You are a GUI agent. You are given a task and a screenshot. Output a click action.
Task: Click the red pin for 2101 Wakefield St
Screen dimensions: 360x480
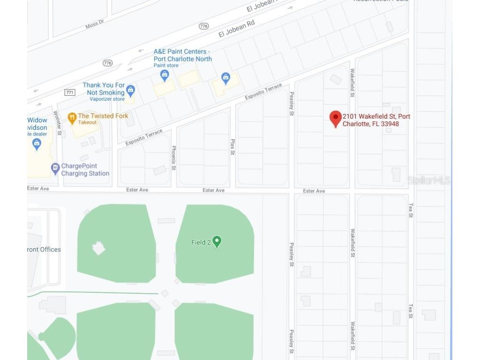click(x=335, y=118)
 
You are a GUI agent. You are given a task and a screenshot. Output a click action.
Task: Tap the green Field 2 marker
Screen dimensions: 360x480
click(x=217, y=241)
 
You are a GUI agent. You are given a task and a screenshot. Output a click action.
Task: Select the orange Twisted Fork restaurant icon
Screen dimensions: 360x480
click(x=72, y=118)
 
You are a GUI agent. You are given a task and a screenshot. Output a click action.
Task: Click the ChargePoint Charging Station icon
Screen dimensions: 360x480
click(x=55, y=167)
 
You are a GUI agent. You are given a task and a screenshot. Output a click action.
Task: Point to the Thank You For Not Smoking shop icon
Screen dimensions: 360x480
click(x=131, y=90)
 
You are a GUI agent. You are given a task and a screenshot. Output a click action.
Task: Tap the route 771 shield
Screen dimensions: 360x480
click(x=70, y=92)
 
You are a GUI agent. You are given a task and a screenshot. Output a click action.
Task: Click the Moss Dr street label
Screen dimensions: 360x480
click(x=95, y=24)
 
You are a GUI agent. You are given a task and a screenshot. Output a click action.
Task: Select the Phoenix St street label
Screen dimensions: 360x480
click(x=173, y=158)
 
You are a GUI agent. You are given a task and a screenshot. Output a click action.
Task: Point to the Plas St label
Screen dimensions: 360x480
click(x=232, y=146)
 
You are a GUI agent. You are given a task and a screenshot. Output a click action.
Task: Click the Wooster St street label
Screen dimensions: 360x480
click(x=58, y=123)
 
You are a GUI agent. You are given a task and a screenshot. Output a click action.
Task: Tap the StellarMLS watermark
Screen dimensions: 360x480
click(x=428, y=180)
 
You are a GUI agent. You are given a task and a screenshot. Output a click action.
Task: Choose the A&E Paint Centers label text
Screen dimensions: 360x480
click(x=182, y=55)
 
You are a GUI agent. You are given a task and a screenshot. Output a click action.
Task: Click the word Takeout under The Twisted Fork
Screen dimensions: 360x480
click(x=88, y=122)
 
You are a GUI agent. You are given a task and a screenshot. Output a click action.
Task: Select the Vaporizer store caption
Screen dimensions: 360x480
click(x=107, y=99)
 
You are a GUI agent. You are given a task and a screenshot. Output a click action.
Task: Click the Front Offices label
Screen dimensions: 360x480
click(x=44, y=249)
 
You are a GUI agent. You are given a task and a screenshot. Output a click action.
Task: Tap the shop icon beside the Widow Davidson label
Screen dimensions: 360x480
click(x=37, y=143)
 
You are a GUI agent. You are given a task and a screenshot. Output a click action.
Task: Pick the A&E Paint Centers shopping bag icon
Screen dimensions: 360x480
click(x=164, y=75)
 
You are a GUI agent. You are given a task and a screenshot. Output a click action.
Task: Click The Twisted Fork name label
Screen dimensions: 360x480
click(x=103, y=116)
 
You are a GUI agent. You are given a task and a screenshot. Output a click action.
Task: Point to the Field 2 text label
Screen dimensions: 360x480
click(x=201, y=242)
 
